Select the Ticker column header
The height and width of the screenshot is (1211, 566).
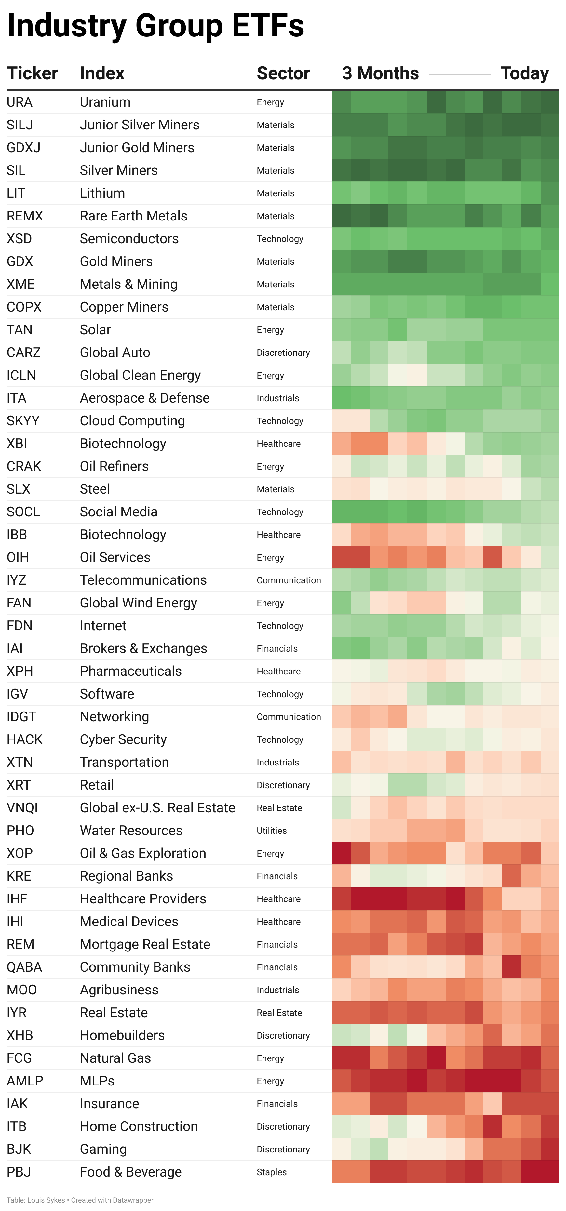pyautogui.click(x=32, y=73)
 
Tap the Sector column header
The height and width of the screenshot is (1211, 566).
pyautogui.click(x=283, y=73)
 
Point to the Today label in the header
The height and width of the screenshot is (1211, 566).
pyautogui.click(x=524, y=73)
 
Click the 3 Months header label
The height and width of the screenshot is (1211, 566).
pyautogui.click(x=380, y=73)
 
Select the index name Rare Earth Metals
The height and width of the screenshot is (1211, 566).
pyautogui.click(x=133, y=216)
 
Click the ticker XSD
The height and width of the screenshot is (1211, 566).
pyautogui.click(x=19, y=239)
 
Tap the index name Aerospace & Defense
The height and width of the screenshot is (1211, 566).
pyautogui.click(x=145, y=398)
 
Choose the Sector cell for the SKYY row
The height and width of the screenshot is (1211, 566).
pyautogui.click(x=280, y=421)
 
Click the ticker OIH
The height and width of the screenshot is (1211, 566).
pyautogui.click(x=18, y=558)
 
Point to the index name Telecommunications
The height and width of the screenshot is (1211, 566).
pyautogui.click(x=143, y=580)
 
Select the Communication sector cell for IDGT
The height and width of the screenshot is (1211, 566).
pyautogui.click(x=289, y=717)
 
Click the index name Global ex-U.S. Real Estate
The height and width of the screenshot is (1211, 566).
pyautogui.click(x=157, y=808)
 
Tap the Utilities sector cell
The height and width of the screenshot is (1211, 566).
pyautogui.click(x=271, y=831)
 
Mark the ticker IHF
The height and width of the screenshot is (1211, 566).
pyautogui.click(x=17, y=899)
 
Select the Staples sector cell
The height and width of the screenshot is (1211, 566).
pyautogui.click(x=271, y=1172)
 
